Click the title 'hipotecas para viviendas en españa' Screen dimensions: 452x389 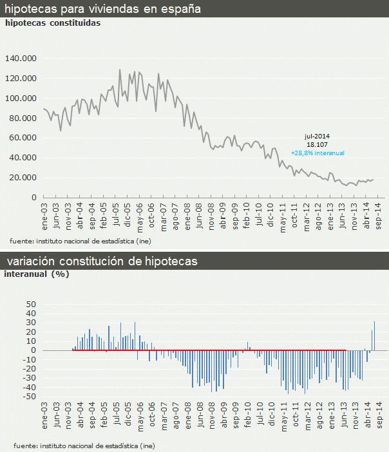[x=103, y=9]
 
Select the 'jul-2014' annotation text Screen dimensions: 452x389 [x=317, y=137]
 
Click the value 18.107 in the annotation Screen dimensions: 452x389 [x=317, y=145]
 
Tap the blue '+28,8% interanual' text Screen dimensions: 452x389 [x=318, y=153]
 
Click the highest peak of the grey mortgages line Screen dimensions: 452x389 [x=120, y=70]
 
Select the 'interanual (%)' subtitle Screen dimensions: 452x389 [x=37, y=274]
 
